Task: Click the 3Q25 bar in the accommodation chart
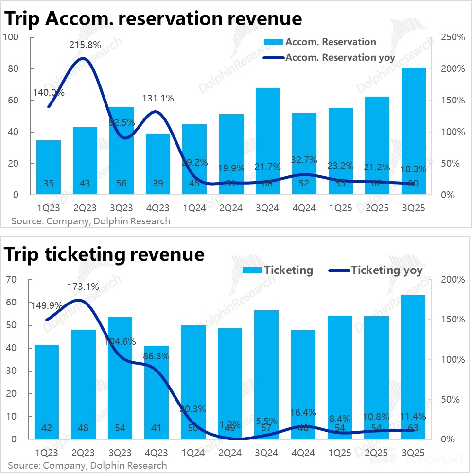pyautogui.click(x=413, y=131)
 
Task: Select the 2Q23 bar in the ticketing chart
pyautogui.click(x=85, y=384)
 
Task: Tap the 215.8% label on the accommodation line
pyautogui.click(x=85, y=45)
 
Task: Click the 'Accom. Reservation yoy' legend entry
pyautogui.click(x=340, y=58)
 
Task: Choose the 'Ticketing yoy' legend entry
pyautogui.click(x=386, y=270)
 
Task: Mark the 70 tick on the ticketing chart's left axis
pyautogui.click(x=12, y=279)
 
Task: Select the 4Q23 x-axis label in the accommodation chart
pyautogui.click(x=157, y=208)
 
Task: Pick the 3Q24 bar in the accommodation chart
pyautogui.click(x=267, y=141)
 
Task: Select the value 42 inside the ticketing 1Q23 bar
pyautogui.click(x=47, y=428)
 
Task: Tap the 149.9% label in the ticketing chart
pyautogui.click(x=47, y=305)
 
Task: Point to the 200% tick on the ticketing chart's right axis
pyautogui.click(x=452, y=279)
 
